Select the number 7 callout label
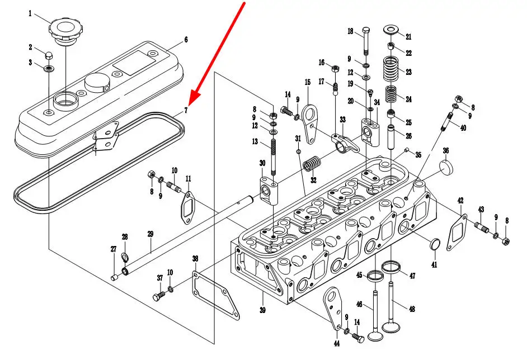click(x=186, y=110)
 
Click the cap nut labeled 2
click(x=49, y=55)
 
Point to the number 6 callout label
click(x=186, y=40)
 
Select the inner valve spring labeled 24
click(x=391, y=94)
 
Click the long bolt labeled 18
click(x=366, y=41)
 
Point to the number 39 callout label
click(x=262, y=310)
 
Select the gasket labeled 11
click(x=188, y=207)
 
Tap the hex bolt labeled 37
click(x=159, y=296)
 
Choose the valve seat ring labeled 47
click(x=391, y=267)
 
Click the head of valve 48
click(x=391, y=327)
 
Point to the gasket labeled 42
click(x=457, y=232)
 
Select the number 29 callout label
click(x=150, y=234)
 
